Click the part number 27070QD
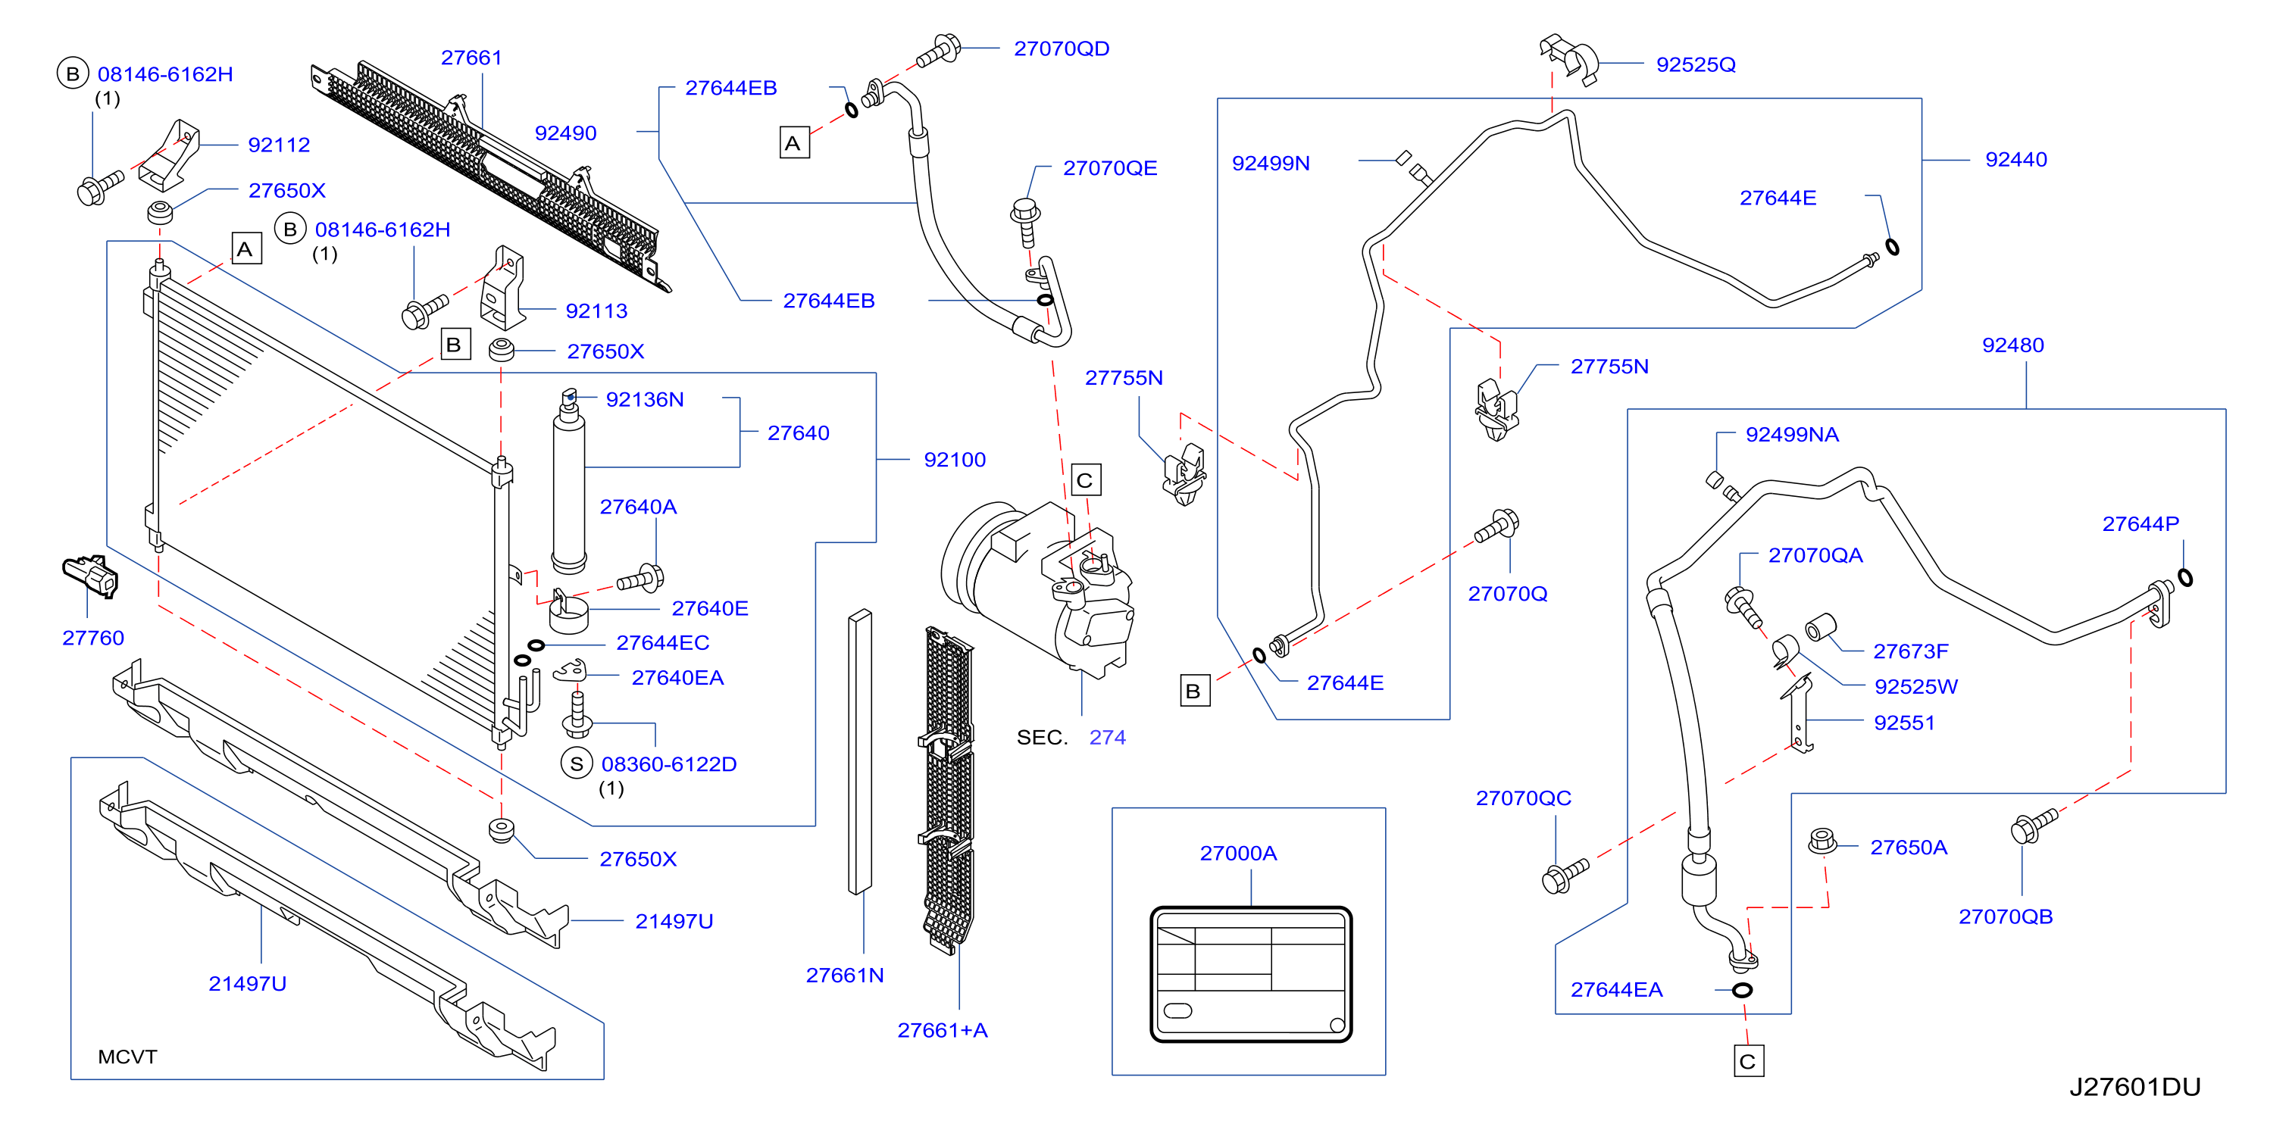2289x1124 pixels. coord(1061,49)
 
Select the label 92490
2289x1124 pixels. coord(565,133)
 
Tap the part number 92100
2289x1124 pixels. coord(955,460)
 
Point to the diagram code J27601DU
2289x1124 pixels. coord(2134,1087)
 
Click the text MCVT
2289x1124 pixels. coord(127,1057)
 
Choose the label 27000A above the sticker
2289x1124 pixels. coord(1238,853)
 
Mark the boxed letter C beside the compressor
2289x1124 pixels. coord(1086,481)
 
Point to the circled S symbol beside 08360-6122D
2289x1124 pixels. coord(577,763)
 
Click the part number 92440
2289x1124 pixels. coord(2015,160)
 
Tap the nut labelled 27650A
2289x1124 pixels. coord(1822,841)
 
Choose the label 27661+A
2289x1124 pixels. coord(942,1031)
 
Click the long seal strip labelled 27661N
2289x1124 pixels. coord(859,751)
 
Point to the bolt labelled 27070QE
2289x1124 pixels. coord(1027,221)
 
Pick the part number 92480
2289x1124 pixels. coord(2012,345)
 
